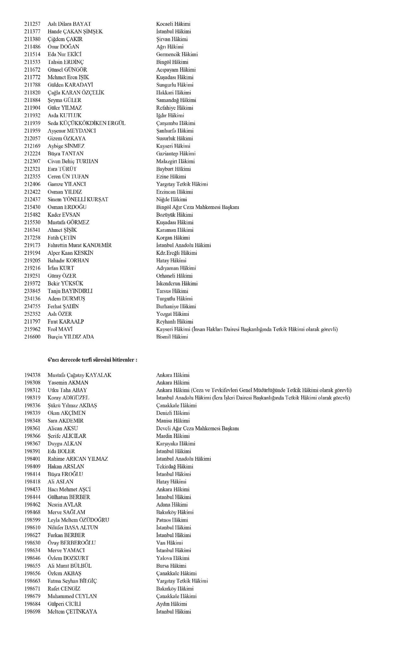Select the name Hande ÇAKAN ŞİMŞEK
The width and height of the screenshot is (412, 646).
(x=75, y=32)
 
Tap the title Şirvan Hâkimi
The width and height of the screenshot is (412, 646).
(x=172, y=39)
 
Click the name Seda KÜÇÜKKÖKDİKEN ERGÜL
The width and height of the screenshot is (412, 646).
(x=86, y=123)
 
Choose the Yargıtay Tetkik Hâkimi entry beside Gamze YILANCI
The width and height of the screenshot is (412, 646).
(x=182, y=184)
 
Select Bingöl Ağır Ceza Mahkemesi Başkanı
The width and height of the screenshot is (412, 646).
(x=197, y=207)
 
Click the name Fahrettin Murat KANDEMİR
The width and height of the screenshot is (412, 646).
(x=79, y=245)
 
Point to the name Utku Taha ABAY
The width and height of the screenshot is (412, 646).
(x=67, y=390)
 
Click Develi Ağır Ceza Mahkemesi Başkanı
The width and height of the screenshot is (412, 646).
(x=197, y=428)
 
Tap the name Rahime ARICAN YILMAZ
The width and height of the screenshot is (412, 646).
(x=77, y=459)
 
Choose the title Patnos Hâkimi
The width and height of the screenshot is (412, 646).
(x=172, y=520)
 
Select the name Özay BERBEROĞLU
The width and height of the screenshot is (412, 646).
(x=71, y=543)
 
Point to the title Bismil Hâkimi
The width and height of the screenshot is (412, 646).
(x=172, y=337)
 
